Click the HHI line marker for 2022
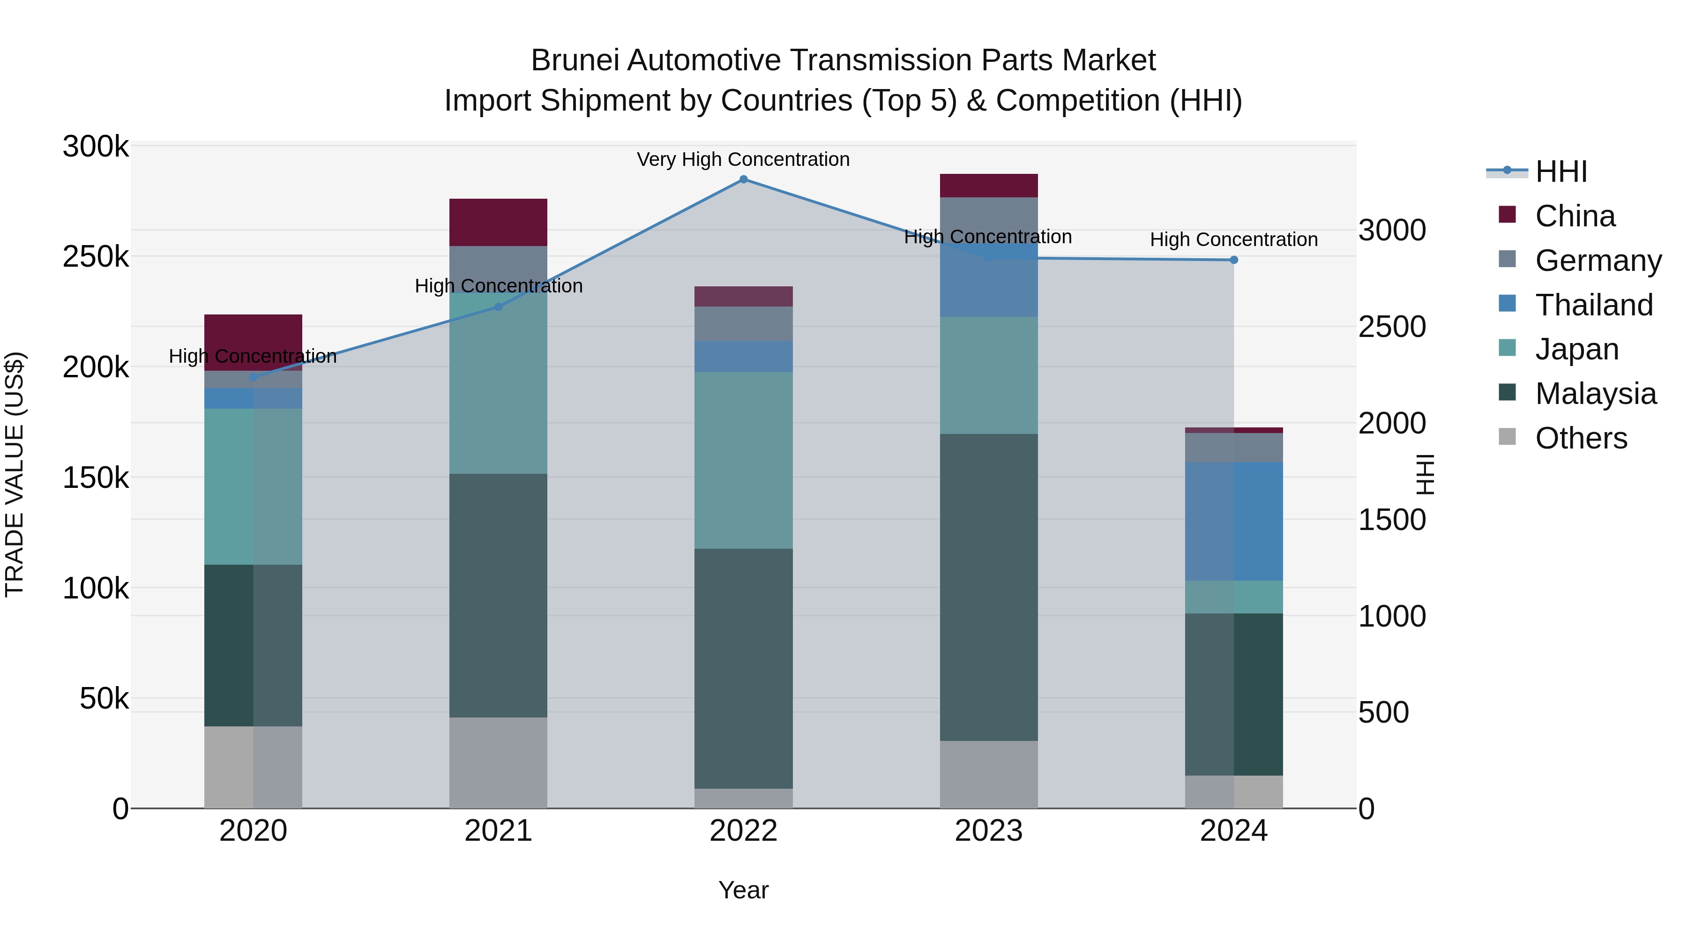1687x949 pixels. tap(743, 179)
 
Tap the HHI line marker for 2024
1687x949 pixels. tap(1234, 260)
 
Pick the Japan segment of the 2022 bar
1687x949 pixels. tap(743, 460)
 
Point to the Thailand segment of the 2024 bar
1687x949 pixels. tap(1234, 521)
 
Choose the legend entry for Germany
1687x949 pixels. tap(1598, 261)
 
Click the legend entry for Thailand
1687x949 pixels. tap(1594, 305)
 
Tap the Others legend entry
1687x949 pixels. tap(1581, 438)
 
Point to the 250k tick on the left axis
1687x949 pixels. tap(96, 257)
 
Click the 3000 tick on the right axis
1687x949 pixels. tap(1392, 231)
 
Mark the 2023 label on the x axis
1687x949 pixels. tap(988, 831)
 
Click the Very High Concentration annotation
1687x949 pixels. tap(743, 160)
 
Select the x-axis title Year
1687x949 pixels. tap(743, 890)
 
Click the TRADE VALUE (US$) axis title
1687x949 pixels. tap(15, 474)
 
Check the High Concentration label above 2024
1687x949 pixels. tap(1234, 239)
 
